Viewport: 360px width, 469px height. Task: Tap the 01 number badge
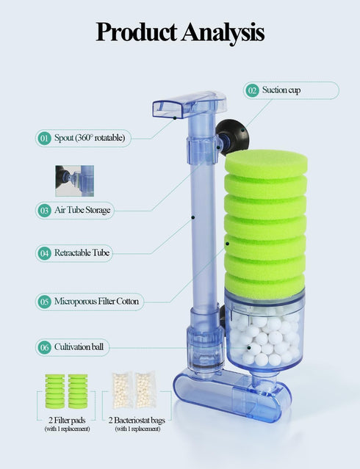point(45,137)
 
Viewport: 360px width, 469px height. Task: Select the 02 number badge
point(253,90)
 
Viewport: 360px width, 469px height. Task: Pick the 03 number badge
point(45,210)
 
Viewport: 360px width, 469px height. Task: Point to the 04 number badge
point(45,253)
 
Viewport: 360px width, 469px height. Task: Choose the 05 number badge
point(45,301)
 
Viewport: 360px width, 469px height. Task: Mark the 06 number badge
point(45,346)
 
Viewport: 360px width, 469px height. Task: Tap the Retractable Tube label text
point(82,253)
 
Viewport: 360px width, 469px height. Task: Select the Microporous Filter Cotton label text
point(96,301)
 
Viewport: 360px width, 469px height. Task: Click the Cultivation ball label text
point(82,346)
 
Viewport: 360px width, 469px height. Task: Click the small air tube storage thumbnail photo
point(74,181)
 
